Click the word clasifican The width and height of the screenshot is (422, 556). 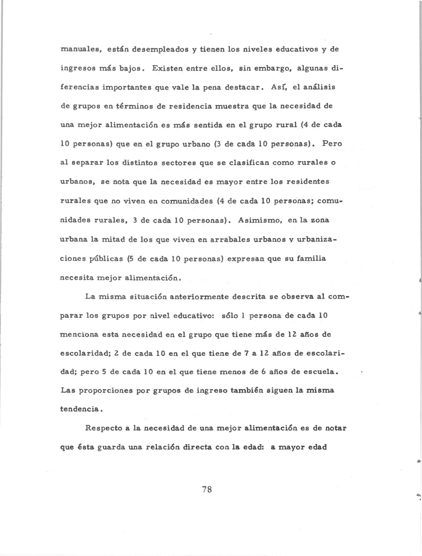tap(247, 163)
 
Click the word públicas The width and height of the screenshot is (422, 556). tap(106, 259)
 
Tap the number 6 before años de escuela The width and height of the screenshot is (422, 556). tap(264, 372)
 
